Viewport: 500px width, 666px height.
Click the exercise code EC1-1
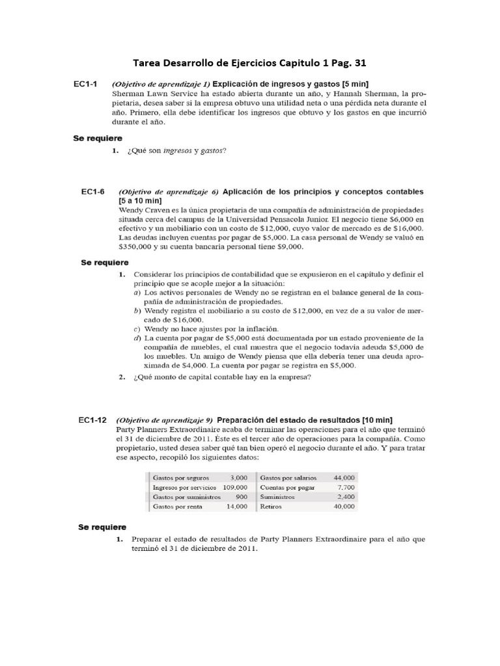[85, 85]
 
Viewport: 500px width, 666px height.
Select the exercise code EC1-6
[92, 192]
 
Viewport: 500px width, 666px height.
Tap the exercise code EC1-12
[92, 420]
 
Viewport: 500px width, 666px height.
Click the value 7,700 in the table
[346, 486]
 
